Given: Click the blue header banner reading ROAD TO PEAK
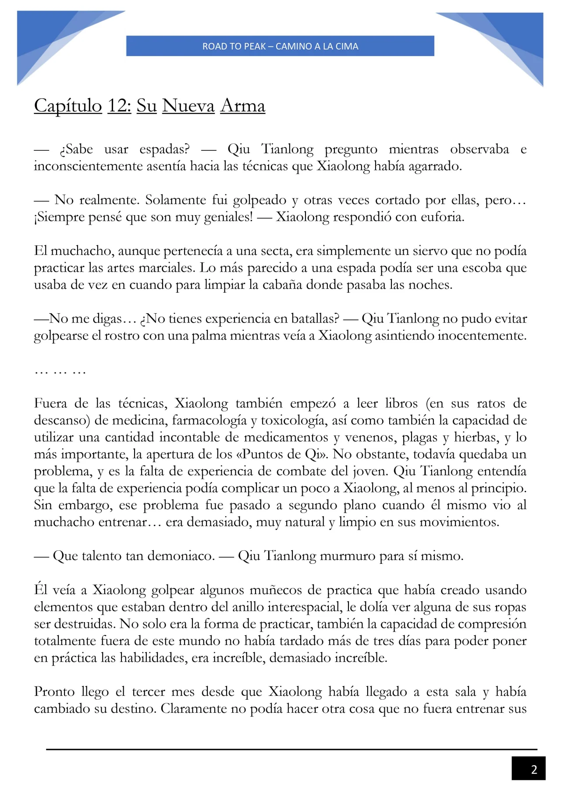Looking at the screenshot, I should coord(280,46).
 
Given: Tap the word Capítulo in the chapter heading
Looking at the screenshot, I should coord(68,106).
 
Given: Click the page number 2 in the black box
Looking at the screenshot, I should coord(533,770).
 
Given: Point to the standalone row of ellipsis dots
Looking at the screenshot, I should coord(60,372).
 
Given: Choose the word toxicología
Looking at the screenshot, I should coord(292,421).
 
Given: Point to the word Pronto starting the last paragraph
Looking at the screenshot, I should coord(54,692).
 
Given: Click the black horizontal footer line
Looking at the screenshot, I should coord(291,750).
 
